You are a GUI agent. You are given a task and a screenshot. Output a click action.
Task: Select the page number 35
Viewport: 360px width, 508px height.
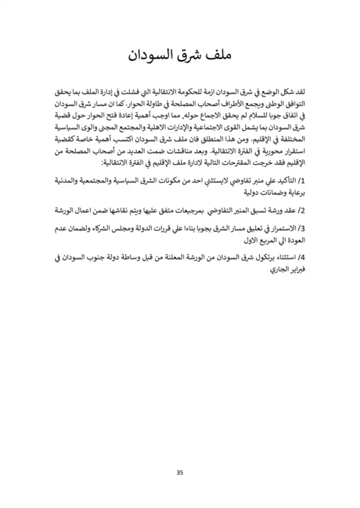[x=180, y=472]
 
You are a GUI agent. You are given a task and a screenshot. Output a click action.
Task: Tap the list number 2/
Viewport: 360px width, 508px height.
[x=299, y=211]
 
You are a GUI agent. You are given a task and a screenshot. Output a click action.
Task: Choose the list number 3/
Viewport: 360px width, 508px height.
[x=299, y=228]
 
